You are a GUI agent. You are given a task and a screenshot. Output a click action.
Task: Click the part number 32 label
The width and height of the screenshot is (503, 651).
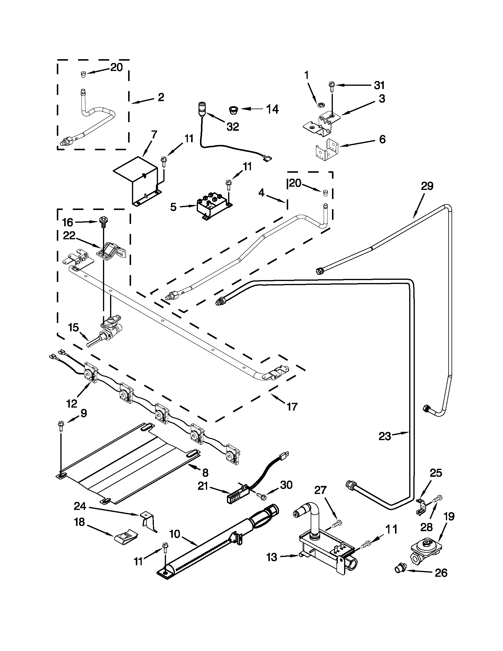point(233,127)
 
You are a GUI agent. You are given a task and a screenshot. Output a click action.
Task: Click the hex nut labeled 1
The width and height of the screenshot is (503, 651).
point(321,105)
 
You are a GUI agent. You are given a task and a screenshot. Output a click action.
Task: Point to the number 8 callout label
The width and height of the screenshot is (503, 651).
point(205,472)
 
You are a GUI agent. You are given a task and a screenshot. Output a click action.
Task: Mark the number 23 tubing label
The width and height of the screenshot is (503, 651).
point(385,436)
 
